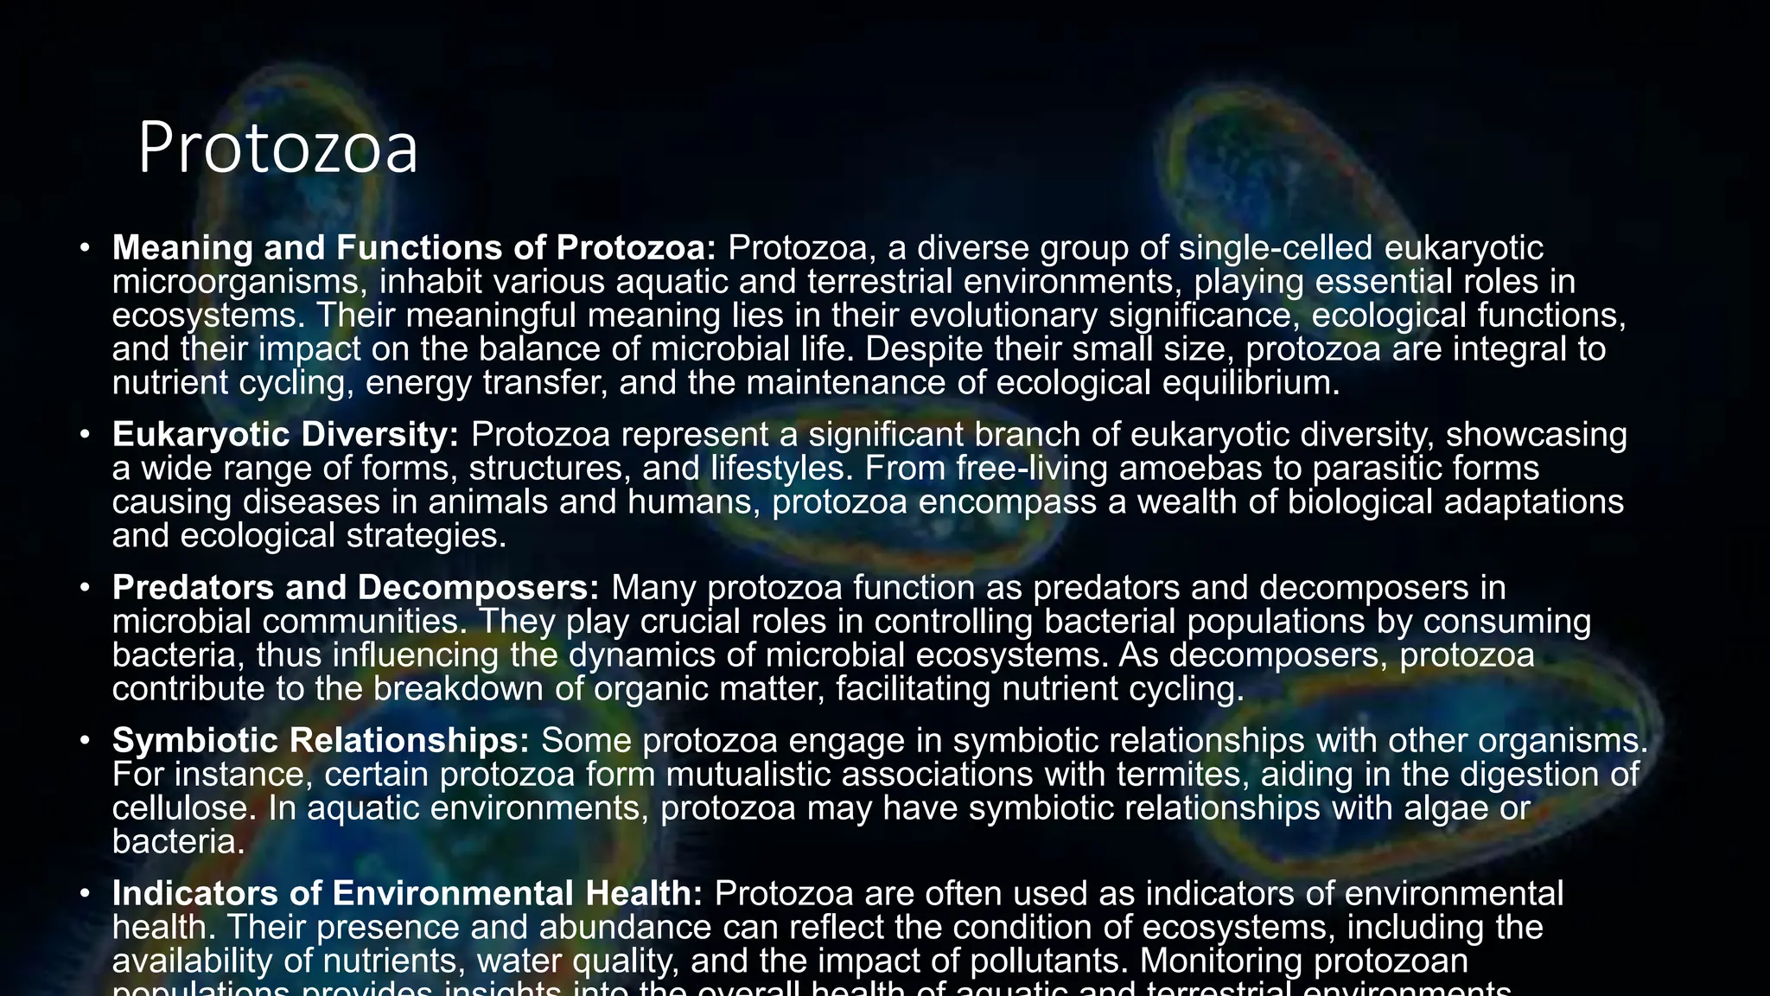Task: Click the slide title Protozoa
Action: [x=277, y=149]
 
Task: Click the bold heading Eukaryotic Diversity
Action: [x=285, y=435]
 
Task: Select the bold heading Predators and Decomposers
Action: [x=355, y=588]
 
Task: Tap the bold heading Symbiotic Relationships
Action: [x=321, y=741]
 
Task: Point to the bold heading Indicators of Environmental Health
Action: [x=407, y=894]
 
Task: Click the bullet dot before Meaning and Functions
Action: [x=85, y=248]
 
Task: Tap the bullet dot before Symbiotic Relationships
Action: [x=85, y=741]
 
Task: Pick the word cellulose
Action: [x=183, y=808]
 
